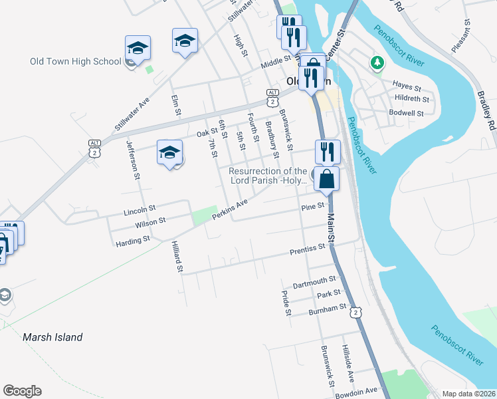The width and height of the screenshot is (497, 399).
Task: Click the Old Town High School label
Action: (75, 62)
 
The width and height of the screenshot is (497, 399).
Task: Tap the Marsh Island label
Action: (52, 337)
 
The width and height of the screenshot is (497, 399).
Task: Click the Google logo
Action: (22, 391)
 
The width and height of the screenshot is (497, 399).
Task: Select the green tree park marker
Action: (378, 63)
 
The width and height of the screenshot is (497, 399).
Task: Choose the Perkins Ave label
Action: (230, 209)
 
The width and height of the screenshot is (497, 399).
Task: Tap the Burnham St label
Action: (328, 309)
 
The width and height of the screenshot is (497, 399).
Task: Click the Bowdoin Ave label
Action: (361, 391)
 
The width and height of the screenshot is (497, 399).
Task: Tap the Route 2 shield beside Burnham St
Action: (357, 312)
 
